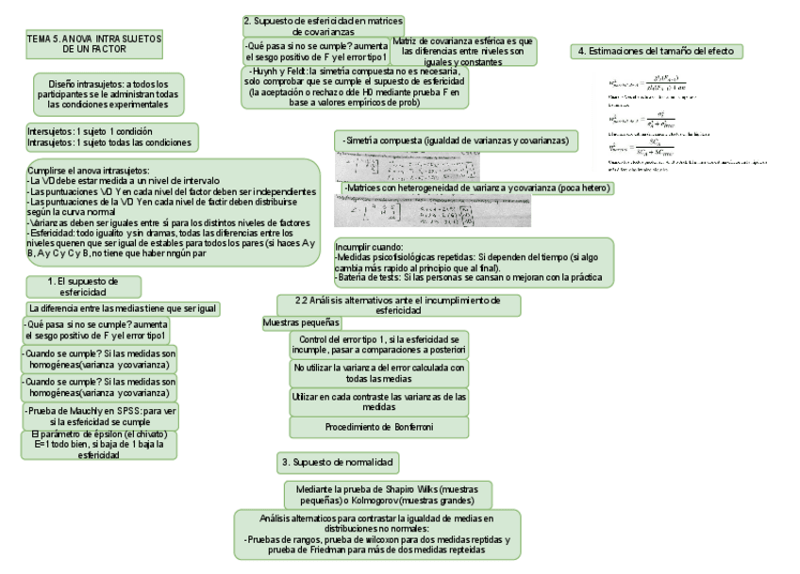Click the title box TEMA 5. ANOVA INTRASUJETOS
(x=94, y=43)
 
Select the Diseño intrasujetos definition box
(x=108, y=94)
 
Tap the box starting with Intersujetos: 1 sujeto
(x=112, y=137)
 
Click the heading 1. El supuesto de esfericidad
(x=83, y=287)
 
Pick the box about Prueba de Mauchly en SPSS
(x=100, y=417)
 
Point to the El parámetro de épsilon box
(x=99, y=444)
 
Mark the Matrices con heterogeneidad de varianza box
(x=479, y=189)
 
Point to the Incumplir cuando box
(x=473, y=261)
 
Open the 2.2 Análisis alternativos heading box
(x=399, y=304)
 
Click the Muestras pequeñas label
(x=301, y=323)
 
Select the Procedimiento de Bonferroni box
(x=379, y=427)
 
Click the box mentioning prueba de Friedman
(x=376, y=534)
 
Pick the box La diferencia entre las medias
(x=123, y=308)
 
